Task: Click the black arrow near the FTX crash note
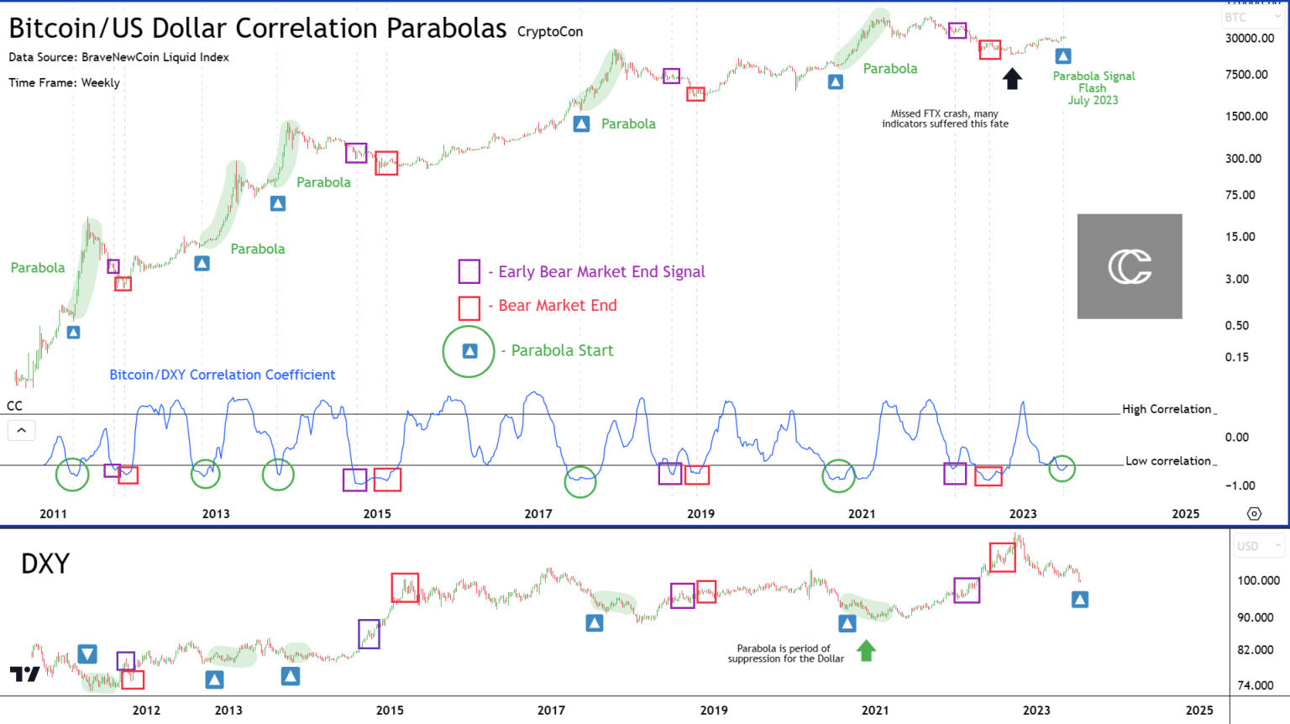tap(1012, 79)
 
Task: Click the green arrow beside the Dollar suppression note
tap(866, 650)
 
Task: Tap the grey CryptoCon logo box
tap(1130, 266)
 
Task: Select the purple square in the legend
tap(469, 271)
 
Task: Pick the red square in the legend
tap(469, 307)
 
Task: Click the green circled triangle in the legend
tap(469, 351)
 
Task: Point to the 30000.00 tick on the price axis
tap(1249, 39)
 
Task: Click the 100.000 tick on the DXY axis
tap(1258, 580)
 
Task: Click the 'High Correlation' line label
tap(1167, 409)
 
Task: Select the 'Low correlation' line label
tap(1168, 461)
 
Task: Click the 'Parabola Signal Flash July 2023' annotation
tap(1093, 88)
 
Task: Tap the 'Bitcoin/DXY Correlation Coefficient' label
tap(223, 375)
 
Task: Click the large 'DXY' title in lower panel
tap(45, 564)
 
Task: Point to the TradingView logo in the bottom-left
tap(24, 674)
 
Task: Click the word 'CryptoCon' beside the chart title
tap(550, 32)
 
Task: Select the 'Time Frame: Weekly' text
tap(65, 82)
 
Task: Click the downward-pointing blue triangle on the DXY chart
tap(87, 653)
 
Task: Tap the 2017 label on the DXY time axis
tap(551, 710)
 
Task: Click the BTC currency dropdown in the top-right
tap(1252, 17)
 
